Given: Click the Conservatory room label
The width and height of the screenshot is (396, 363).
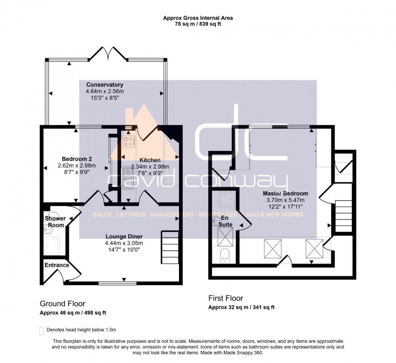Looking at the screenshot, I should pos(105,85).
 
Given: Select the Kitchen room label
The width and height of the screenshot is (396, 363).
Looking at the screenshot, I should pos(150,160).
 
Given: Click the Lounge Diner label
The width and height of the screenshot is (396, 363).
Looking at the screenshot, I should pos(124,236).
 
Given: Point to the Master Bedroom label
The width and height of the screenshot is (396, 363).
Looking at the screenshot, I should pos(285,193).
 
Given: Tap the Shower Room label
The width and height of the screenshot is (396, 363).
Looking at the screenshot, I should pos(55,222).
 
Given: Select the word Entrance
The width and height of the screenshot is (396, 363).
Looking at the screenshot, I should pos(57,265).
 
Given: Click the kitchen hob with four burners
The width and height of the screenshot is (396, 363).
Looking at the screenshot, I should pos(128,141).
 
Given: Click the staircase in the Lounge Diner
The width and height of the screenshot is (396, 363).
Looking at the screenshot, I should pos(169,246).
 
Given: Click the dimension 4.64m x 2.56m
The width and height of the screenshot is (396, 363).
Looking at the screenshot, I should pos(104,92).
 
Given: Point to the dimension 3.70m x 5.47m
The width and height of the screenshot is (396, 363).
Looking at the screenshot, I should pos(285,200).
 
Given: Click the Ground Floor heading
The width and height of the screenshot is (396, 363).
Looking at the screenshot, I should pos(62,304).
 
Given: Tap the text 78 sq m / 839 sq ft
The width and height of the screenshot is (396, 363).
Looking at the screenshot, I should pos(198,24).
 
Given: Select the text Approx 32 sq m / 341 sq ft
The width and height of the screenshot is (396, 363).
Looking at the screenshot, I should pos(241,307).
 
